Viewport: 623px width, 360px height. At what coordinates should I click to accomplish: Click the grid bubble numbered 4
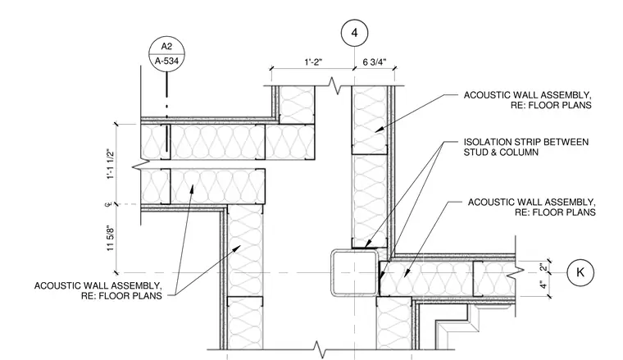coord(354,33)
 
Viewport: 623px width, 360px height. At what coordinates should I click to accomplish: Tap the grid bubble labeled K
coord(580,272)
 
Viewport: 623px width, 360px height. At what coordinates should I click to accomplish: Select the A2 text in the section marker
coord(167,47)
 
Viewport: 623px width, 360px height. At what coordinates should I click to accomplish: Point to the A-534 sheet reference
coord(167,62)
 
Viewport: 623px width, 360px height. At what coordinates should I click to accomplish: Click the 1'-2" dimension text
coord(313,62)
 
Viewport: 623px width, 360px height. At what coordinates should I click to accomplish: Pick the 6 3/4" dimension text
coord(375,62)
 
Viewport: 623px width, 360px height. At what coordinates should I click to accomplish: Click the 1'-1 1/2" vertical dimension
coord(111,164)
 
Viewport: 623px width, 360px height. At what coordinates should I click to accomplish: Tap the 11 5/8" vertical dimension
coord(111,238)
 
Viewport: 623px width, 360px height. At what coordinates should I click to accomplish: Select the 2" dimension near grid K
coord(543,267)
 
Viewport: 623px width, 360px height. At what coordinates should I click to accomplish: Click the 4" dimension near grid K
coord(543,285)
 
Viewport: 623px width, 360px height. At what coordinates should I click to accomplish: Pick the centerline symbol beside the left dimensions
coord(107,205)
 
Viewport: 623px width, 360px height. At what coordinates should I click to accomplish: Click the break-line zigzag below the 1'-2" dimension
coord(337,86)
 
